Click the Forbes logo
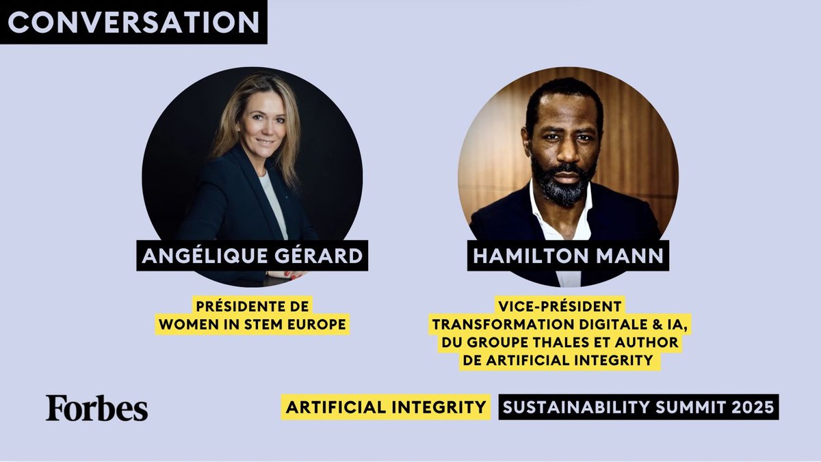[x=96, y=408]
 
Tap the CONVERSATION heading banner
[x=133, y=22]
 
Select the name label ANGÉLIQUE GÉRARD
[x=252, y=256]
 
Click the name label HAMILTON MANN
[x=568, y=256]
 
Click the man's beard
[x=562, y=183]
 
